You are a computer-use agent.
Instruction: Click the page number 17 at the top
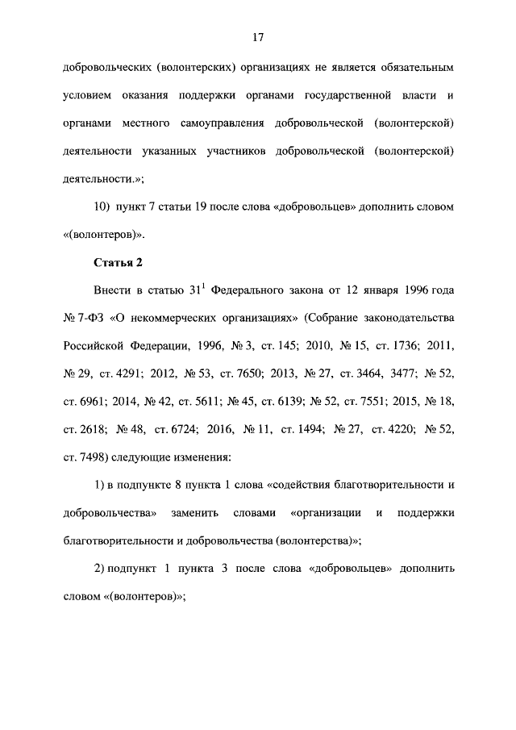(258, 37)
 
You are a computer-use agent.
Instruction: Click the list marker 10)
(102, 206)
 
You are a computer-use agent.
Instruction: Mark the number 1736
(402, 346)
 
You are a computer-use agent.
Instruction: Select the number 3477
(393, 374)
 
